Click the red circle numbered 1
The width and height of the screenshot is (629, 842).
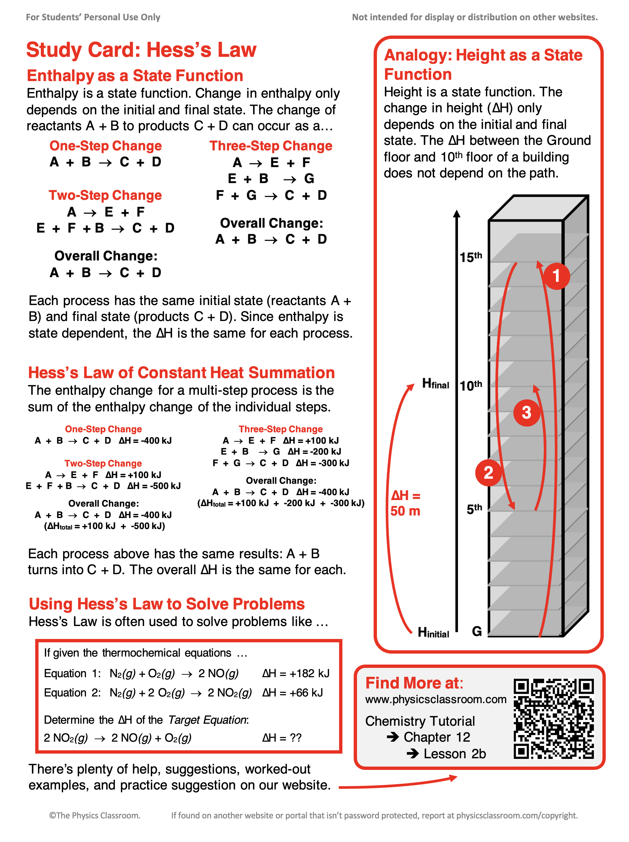pyautogui.click(x=556, y=275)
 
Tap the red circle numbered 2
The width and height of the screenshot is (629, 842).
pyautogui.click(x=488, y=473)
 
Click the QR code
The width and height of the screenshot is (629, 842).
pyautogui.click(x=553, y=718)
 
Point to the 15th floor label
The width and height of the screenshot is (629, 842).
pyautogui.click(x=470, y=257)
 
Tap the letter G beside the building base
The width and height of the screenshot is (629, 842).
pyautogui.click(x=477, y=631)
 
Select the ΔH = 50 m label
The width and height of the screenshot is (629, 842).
pyautogui.click(x=405, y=503)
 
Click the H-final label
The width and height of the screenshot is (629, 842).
pyautogui.click(x=435, y=384)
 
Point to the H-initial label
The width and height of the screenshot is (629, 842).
pyautogui.click(x=433, y=632)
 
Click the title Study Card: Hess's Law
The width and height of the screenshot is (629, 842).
pyautogui.click(x=141, y=50)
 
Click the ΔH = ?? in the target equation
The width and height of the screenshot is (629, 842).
pyautogui.click(x=282, y=738)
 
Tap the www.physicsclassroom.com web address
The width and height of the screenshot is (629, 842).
pyautogui.click(x=435, y=699)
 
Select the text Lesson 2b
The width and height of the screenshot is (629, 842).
pyautogui.click(x=454, y=754)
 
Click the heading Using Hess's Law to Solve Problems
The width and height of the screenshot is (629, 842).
pyautogui.click(x=167, y=604)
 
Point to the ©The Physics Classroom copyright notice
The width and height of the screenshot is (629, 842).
pyautogui.click(x=95, y=815)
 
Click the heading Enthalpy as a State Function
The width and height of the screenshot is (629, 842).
pyautogui.click(x=135, y=75)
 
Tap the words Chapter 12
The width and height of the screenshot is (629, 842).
pyautogui.click(x=436, y=737)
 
